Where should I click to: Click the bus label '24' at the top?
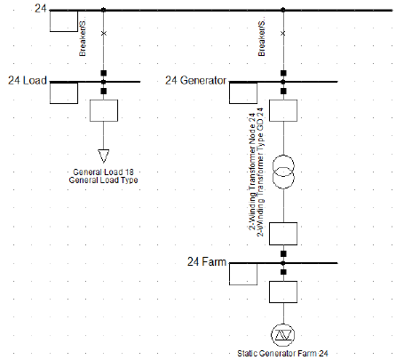pyautogui.click(x=40, y=9)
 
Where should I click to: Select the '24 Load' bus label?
pyautogui.click(x=28, y=80)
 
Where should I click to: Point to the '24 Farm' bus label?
pyautogui.click(x=206, y=262)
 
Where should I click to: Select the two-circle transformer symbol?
pyautogui.click(x=283, y=171)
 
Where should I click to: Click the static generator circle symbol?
pyautogui.click(x=283, y=333)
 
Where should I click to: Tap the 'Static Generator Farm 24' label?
pyautogui.click(x=283, y=354)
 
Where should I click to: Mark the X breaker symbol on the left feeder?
pyautogui.click(x=104, y=32)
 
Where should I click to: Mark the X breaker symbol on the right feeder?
pyautogui.click(x=283, y=32)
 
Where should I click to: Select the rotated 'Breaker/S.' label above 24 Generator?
pyautogui.click(x=263, y=41)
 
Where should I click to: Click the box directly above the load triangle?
pyautogui.click(x=104, y=111)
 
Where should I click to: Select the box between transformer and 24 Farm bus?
pyautogui.click(x=283, y=233)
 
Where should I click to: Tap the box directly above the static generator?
pyautogui.click(x=283, y=292)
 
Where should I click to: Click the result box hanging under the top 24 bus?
pyautogui.click(x=64, y=21)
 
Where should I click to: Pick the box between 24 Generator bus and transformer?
pyautogui.click(x=283, y=111)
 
